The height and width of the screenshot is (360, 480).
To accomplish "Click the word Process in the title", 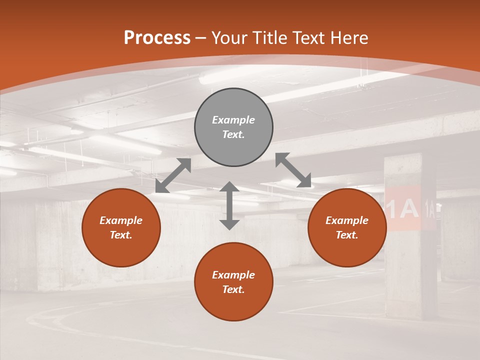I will tap(157, 38).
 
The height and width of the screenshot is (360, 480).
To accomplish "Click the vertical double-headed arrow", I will tap(229, 205).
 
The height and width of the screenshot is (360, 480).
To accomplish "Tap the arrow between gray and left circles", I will tap(173, 175).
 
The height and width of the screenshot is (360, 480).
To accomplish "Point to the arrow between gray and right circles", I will tap(293, 170).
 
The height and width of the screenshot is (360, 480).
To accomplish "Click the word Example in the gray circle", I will tap(233, 120).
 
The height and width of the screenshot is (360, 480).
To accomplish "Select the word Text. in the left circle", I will tap(121, 235).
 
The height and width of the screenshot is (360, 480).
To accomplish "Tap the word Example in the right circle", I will tap(347, 220).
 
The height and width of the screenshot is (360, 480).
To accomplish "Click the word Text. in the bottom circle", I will tap(233, 289).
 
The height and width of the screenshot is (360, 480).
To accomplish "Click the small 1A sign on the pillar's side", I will tap(429, 207).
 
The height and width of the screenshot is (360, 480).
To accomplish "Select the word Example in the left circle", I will tap(121, 220).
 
